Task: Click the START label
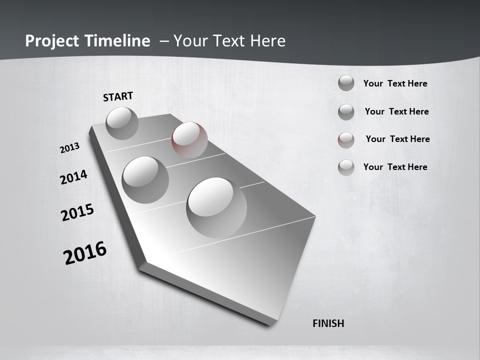tap(118, 96)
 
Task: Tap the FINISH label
tap(328, 323)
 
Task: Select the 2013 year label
tap(69, 148)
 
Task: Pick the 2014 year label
tap(73, 177)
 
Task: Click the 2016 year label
tap(85, 253)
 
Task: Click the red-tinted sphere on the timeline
tap(189, 140)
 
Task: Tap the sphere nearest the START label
tap(122, 123)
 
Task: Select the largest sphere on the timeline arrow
tap(216, 207)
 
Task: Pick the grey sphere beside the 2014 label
tap(145, 179)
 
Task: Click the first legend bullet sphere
tap(346, 83)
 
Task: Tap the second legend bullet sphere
tap(346, 112)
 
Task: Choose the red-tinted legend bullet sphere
tap(346, 140)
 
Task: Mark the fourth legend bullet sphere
tap(346, 167)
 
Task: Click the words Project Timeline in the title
tap(87, 41)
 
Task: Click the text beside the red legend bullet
tap(397, 139)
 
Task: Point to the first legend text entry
tap(395, 83)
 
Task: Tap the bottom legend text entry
tap(395, 167)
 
